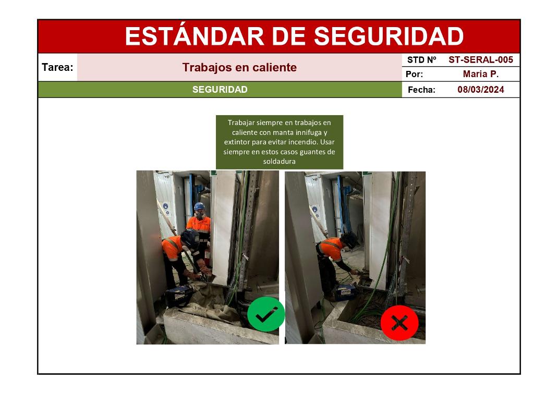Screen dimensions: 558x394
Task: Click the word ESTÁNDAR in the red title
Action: (195, 36)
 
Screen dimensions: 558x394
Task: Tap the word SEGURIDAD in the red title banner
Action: (389, 36)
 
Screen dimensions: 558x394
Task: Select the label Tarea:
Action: (58, 67)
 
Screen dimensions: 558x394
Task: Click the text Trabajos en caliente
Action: (239, 67)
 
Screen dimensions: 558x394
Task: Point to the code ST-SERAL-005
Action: (481, 60)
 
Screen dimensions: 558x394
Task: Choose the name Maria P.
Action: (481, 74)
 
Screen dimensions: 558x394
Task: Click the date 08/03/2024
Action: (481, 90)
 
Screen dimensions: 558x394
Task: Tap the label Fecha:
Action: (422, 90)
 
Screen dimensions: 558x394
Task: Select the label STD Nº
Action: (422, 60)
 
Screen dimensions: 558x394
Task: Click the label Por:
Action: (415, 75)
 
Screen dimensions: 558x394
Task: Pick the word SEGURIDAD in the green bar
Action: (220, 90)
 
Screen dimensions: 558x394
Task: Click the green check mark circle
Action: (266, 314)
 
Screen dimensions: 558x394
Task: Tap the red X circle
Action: (399, 323)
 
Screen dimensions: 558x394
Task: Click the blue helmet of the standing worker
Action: (199, 206)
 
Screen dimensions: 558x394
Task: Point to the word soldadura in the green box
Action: (280, 162)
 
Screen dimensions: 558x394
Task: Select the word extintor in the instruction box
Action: (237, 142)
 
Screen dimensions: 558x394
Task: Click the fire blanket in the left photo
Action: (210, 302)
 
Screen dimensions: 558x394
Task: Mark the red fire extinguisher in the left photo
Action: (207, 257)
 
